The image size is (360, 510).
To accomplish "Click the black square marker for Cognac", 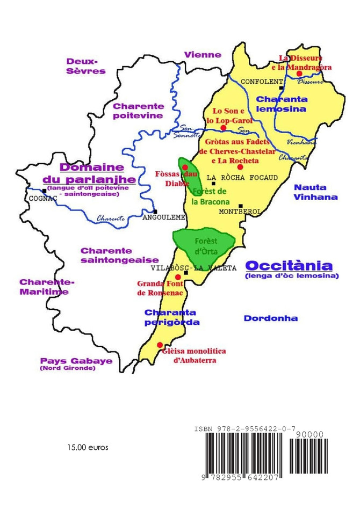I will [x=44, y=191].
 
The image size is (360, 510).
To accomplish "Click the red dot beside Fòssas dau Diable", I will [x=185, y=168].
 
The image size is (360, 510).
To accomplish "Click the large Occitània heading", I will [x=289, y=266].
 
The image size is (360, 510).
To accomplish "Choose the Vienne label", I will [x=203, y=55].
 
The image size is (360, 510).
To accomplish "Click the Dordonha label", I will [x=271, y=318].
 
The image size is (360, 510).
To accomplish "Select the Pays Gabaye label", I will [x=76, y=361].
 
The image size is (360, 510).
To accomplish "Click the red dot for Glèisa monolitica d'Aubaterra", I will [x=159, y=345].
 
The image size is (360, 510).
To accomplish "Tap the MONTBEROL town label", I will [x=240, y=212].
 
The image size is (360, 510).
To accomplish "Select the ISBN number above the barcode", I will [x=244, y=428].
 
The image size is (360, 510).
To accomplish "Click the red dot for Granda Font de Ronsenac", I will [x=178, y=277].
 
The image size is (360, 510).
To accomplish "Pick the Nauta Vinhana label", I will [x=316, y=192].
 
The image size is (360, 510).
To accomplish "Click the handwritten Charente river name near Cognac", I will [x=111, y=218].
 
